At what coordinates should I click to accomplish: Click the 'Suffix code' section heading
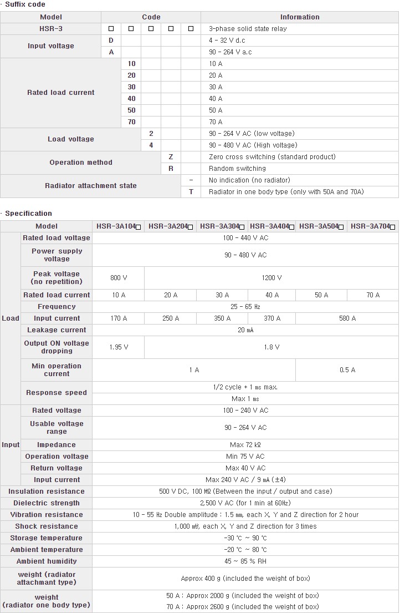click(25, 4)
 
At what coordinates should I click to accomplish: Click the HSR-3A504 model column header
click(321, 226)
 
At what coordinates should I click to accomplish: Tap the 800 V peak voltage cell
click(119, 278)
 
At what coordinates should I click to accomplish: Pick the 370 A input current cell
click(271, 318)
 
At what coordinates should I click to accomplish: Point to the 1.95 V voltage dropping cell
click(119, 347)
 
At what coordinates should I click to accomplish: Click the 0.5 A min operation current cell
click(347, 370)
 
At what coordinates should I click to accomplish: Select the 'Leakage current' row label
click(57, 330)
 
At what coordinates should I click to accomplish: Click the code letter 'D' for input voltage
click(111, 40)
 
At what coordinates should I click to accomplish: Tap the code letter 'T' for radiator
click(191, 192)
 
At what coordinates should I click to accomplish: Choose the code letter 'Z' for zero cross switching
click(171, 157)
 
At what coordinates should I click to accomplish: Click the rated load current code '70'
click(131, 122)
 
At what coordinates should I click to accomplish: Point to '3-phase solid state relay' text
click(248, 29)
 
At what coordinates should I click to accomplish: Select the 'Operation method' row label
click(81, 163)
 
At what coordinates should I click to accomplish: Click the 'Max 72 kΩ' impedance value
click(245, 445)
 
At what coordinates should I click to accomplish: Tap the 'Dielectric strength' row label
click(47, 503)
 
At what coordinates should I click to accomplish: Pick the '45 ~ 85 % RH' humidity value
click(245, 561)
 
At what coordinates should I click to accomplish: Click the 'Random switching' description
click(237, 169)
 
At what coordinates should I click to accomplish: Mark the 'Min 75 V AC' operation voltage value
click(245, 457)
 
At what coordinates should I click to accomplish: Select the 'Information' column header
click(300, 17)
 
